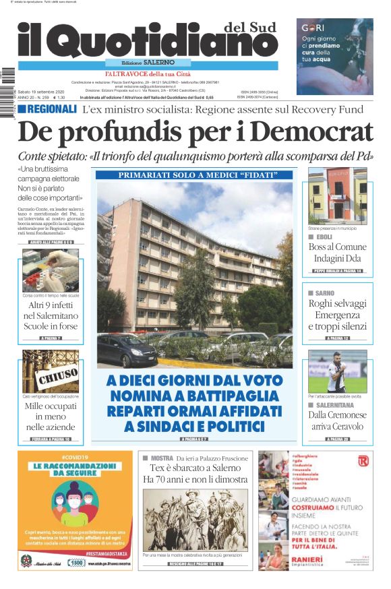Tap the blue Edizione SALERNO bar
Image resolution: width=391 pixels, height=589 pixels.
tap(147, 63)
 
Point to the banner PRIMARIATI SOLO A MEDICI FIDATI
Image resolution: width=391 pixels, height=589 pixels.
tap(194, 175)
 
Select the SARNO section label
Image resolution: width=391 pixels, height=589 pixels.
tap(324, 294)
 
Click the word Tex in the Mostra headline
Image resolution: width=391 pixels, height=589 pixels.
tap(157, 468)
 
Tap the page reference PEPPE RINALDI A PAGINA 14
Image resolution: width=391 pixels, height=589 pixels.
tap(337, 271)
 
